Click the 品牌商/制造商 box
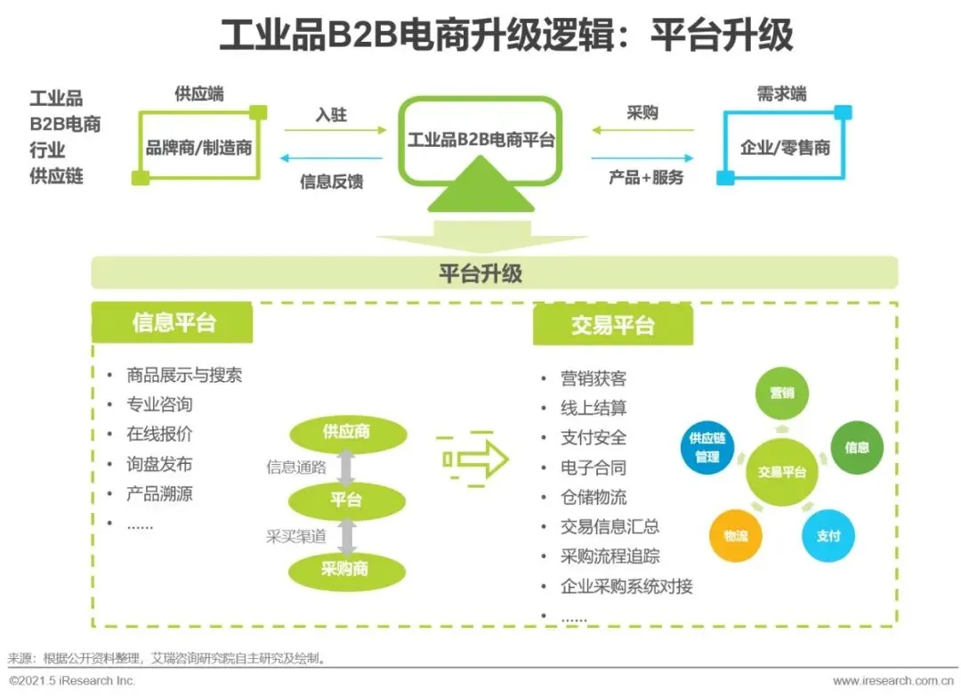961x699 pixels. [x=198, y=147]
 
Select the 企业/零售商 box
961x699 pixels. [x=785, y=147]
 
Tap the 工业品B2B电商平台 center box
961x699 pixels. [x=480, y=141]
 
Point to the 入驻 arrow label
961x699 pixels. [x=330, y=115]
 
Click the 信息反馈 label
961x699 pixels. [x=331, y=182]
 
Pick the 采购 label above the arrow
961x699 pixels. [x=642, y=113]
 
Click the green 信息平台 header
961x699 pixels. [x=173, y=322]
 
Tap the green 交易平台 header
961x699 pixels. [x=612, y=325]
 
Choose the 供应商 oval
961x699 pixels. [x=346, y=433]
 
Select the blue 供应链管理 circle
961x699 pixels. [x=707, y=448]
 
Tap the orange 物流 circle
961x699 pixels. [x=736, y=536]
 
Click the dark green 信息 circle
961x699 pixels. [x=857, y=448]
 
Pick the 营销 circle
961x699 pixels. [x=782, y=393]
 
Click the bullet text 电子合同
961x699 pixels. [x=594, y=467]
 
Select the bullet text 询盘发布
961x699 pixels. [x=159, y=464]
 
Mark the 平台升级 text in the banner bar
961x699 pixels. [x=480, y=273]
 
